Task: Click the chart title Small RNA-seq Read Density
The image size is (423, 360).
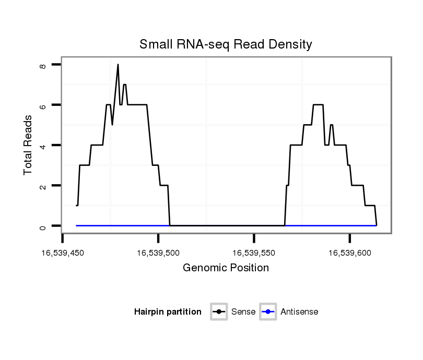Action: point(226,45)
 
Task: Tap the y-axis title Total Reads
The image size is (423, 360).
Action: point(28,145)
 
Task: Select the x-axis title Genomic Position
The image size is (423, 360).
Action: point(226,268)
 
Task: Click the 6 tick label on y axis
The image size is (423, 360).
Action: point(43,105)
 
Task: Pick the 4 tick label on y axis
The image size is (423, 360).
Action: point(43,146)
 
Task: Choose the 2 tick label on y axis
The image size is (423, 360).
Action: point(43,186)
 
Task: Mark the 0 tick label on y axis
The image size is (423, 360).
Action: point(43,226)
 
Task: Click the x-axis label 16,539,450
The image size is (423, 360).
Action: point(63,253)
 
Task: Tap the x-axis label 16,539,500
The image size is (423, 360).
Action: point(158,253)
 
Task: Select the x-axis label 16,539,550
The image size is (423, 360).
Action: point(254,253)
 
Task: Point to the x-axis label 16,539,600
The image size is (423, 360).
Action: point(349,253)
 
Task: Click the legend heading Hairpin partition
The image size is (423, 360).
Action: point(168,312)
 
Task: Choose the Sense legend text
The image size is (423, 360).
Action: point(243,312)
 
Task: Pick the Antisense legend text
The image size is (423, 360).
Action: point(299,312)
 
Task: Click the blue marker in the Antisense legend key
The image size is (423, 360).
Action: point(267,312)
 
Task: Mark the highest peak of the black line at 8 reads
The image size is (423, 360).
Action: point(118,65)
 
